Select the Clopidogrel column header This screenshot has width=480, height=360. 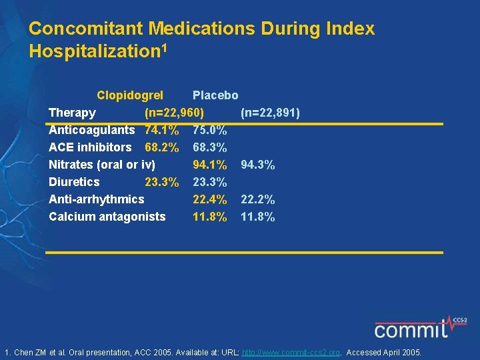coord(130,95)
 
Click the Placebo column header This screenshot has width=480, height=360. coord(215,95)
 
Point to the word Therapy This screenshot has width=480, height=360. coord(72,113)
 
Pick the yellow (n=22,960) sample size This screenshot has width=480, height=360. coord(175,113)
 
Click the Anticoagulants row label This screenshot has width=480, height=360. coord(91,130)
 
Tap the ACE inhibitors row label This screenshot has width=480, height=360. coord(90,147)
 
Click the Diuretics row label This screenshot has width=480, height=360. coord(74,182)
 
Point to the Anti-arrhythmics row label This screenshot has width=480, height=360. coord(97,199)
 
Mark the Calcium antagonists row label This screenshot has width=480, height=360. coord(107,217)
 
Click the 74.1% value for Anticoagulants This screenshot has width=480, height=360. coord(161,130)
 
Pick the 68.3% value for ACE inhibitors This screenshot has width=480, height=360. coord(210,147)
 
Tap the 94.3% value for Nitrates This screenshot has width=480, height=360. coord(258,165)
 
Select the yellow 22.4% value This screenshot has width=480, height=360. coord(210,199)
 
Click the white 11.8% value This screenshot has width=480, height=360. coord(258,217)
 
